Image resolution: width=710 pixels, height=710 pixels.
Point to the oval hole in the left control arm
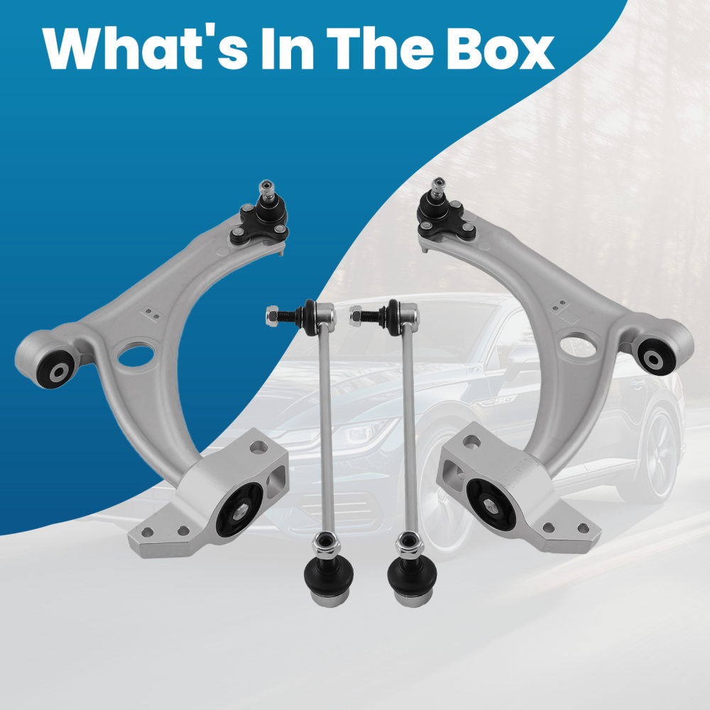pos(136,354)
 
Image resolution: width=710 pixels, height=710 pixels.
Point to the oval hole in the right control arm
pos(578,346)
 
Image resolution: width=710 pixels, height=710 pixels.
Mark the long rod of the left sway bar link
pos(327,426)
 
